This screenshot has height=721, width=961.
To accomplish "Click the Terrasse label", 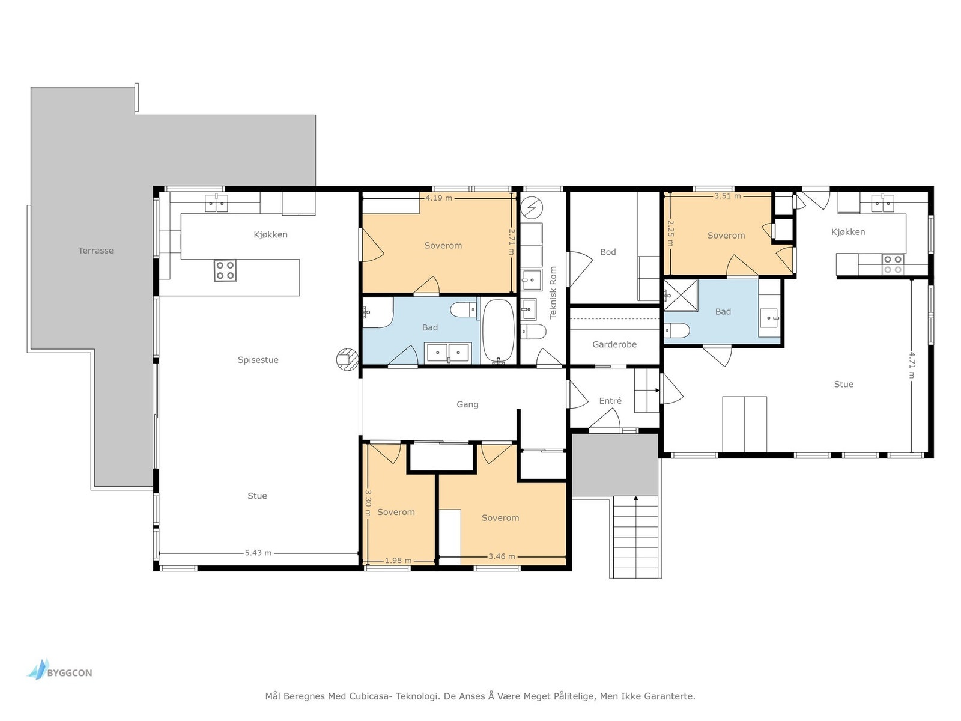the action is (95, 251).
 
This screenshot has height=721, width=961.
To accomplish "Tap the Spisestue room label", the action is (258, 360).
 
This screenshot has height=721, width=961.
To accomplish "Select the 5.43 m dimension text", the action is (258, 553).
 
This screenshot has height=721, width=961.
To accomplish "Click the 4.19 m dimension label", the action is (438, 198).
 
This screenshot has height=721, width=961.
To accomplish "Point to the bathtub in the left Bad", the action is (499, 332).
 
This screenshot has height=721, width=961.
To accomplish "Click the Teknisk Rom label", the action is (553, 293).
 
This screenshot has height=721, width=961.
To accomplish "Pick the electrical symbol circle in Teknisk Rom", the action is (532, 207).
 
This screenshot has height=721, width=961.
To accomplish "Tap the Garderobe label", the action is (614, 344).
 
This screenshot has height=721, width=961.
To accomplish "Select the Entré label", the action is (610, 401).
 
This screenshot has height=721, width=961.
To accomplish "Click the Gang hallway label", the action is (467, 404).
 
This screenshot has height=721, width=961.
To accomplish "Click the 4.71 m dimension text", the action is (912, 365).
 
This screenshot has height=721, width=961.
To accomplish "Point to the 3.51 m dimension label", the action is (727, 196).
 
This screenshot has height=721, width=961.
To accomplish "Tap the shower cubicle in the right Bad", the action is (681, 296).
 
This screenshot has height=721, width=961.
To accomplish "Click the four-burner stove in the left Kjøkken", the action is (225, 270).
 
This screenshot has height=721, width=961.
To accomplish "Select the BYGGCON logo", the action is (59, 670).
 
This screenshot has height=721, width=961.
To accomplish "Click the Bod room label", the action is (608, 252).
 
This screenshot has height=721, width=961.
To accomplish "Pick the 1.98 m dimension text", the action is (398, 561).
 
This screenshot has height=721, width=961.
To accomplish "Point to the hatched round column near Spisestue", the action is (347, 359).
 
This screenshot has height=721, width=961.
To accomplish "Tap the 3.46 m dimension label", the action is (502, 556).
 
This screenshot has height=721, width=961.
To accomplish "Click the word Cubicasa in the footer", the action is (369, 696).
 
